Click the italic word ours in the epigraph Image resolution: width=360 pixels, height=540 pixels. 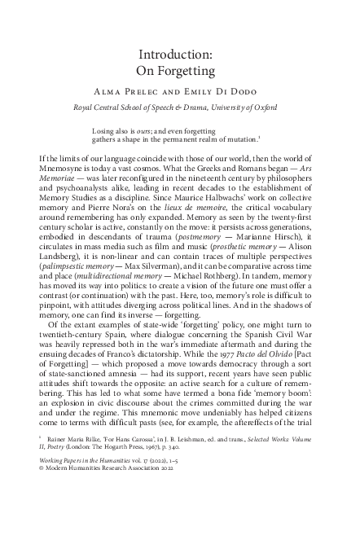tap(152, 130)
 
